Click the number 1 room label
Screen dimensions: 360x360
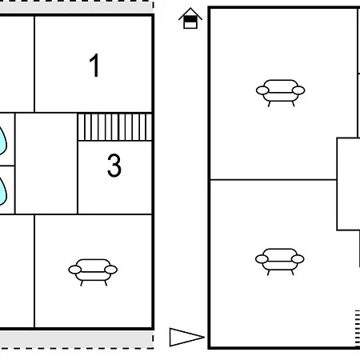pyautogui.click(x=94, y=66)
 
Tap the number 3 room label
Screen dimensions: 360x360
pyautogui.click(x=114, y=166)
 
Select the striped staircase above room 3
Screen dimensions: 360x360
pyautogui.click(x=115, y=127)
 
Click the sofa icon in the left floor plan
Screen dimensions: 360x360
pyautogui.click(x=93, y=272)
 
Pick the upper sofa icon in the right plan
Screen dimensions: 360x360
pyautogui.click(x=280, y=93)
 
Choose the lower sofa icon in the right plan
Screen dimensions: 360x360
pyautogui.click(x=280, y=262)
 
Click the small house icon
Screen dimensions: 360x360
pyautogui.click(x=190, y=18)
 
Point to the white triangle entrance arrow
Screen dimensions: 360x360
pyautogui.click(x=186, y=337)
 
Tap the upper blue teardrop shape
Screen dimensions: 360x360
pyautogui.click(x=2, y=141)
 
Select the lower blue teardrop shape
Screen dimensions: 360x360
pyautogui.click(x=2, y=191)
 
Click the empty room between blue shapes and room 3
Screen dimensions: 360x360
pyautogui.click(x=46, y=163)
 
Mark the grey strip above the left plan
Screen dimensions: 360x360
pyautogui.click(x=77, y=7)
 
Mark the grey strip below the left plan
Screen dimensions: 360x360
pyautogui.click(x=77, y=339)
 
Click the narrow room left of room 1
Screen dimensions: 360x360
pyautogui.click(x=17, y=64)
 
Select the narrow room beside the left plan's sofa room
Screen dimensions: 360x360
pyautogui.click(x=17, y=271)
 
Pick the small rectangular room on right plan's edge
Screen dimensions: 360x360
pyautogui.click(x=349, y=184)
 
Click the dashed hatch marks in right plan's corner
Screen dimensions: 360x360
pyautogui.click(x=358, y=329)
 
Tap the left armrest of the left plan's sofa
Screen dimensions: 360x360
pyautogui.click(x=74, y=270)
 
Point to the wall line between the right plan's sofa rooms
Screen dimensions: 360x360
pyautogui.click(x=274, y=180)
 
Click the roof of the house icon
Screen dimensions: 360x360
pyautogui.click(x=190, y=14)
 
